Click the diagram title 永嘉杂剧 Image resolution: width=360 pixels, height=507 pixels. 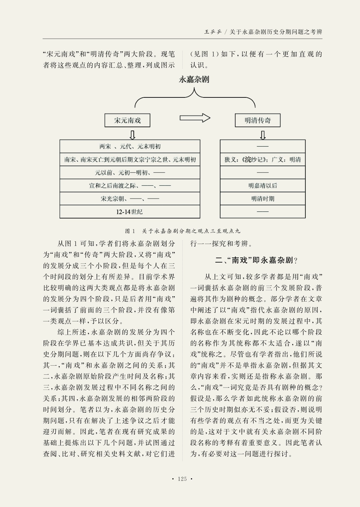click(x=194, y=80)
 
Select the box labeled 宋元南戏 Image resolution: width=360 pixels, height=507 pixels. click(x=128, y=120)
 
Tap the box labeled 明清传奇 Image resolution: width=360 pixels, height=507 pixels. click(x=258, y=120)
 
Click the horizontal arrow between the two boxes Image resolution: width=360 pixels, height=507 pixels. click(x=195, y=118)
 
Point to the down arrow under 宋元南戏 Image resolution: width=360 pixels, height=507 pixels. click(x=132, y=135)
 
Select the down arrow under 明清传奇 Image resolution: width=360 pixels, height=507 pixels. click(x=263, y=135)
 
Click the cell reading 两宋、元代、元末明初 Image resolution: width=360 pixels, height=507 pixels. click(x=130, y=147)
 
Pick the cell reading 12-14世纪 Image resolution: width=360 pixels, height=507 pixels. click(x=130, y=212)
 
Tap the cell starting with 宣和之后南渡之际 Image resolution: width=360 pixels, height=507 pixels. click(x=130, y=186)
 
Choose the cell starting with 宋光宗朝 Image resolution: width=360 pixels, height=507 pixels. click(x=130, y=199)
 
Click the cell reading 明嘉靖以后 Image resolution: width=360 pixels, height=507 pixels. click(x=263, y=186)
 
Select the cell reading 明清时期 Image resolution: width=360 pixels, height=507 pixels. click(x=263, y=199)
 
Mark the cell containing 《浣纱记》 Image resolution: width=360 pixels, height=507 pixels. click(x=263, y=160)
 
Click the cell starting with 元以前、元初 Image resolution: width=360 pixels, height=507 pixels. click(x=130, y=173)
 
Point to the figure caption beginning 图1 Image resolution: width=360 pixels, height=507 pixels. click(x=182, y=231)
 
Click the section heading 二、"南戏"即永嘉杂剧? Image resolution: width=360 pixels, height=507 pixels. click(x=256, y=260)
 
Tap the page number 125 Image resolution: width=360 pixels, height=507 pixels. click(x=182, y=479)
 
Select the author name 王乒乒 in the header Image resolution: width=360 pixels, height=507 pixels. click(x=213, y=32)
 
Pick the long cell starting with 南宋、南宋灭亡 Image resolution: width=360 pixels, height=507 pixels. click(x=130, y=160)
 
